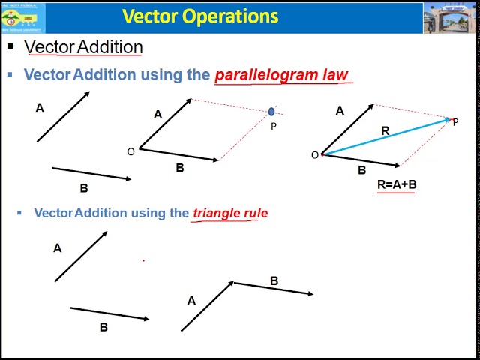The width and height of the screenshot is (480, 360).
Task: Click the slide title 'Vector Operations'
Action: click(x=199, y=16)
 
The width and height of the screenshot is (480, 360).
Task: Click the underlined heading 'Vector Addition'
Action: click(x=83, y=46)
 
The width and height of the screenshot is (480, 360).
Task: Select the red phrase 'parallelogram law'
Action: click(x=281, y=74)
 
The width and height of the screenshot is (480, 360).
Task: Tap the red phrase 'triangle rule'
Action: click(x=230, y=213)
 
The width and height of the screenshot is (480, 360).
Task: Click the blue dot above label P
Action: click(x=271, y=112)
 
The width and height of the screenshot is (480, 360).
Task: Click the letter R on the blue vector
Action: click(x=385, y=131)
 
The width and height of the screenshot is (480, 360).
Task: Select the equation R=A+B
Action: click(x=397, y=184)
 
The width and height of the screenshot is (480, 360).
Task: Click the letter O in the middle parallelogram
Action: click(x=130, y=152)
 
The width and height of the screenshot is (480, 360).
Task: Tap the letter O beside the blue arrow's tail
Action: click(x=314, y=155)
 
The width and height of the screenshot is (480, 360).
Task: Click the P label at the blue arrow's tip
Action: click(x=455, y=122)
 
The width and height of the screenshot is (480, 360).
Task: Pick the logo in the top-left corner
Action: click(x=22, y=18)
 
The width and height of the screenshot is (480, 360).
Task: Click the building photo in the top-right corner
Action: click(x=450, y=18)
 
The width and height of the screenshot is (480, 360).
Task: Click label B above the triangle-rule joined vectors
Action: click(x=274, y=281)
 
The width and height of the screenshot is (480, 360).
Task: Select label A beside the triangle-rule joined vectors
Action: click(x=191, y=301)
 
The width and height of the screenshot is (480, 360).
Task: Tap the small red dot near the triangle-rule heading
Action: click(x=143, y=260)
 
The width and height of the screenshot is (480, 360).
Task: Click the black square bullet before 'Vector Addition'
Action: click(x=10, y=46)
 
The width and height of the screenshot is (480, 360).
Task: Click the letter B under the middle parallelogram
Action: click(x=179, y=168)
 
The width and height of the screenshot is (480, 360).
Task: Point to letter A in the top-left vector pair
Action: click(x=40, y=108)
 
